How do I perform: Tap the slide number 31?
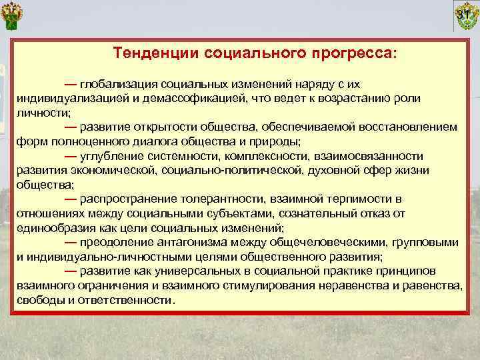[x=465, y=15]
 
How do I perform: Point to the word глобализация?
[x=117, y=85]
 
